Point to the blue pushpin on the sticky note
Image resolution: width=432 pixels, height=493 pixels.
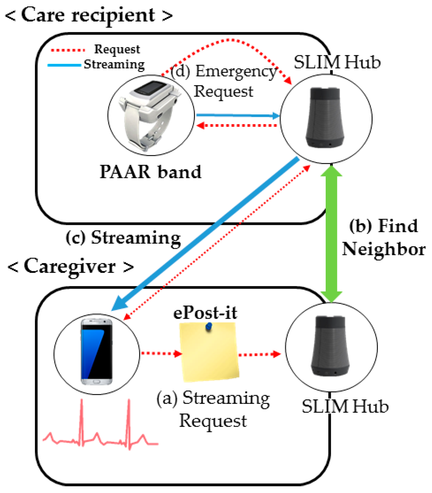209,327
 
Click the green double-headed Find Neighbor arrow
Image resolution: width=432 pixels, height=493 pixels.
331,233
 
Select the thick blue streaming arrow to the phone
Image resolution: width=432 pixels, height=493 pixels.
205,233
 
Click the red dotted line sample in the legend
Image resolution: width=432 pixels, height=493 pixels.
68,50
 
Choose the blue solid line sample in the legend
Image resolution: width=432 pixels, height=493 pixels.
64,65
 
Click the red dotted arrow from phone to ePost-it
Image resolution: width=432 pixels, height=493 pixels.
161,354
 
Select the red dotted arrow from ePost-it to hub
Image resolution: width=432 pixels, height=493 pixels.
259,355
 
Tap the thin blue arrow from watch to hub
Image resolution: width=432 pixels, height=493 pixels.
237,115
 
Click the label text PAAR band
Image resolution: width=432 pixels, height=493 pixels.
150,172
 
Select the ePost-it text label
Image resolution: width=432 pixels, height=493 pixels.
205,313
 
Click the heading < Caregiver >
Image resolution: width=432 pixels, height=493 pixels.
70,266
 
